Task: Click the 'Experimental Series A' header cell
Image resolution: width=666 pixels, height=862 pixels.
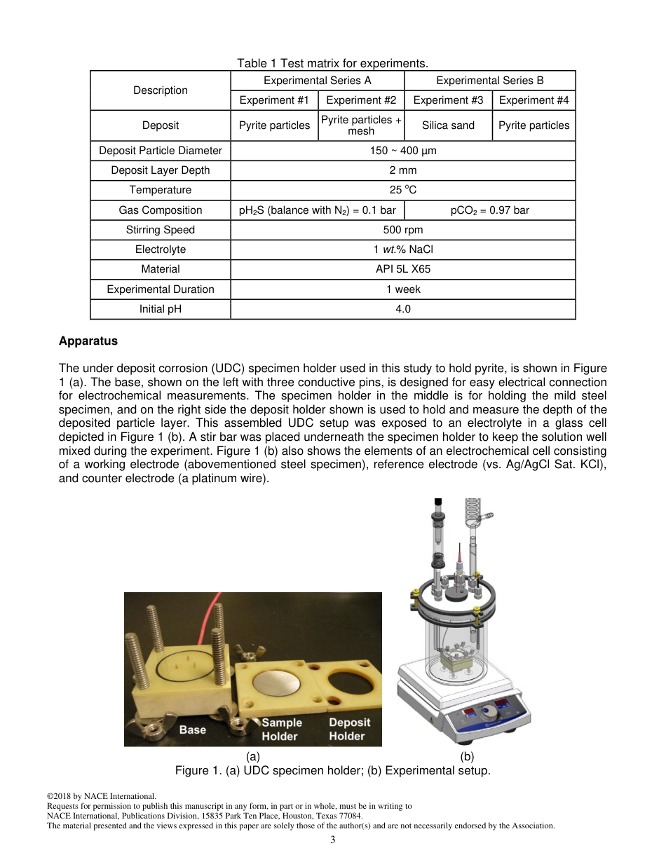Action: point(318,81)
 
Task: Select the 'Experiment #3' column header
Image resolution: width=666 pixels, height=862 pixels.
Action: point(448,100)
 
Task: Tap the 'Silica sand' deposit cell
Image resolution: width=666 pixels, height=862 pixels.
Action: point(448,125)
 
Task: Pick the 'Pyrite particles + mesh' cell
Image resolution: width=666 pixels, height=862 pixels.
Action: point(361,125)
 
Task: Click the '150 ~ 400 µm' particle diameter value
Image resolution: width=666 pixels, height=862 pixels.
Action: point(403,151)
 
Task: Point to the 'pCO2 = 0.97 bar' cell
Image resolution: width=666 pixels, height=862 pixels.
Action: point(489,210)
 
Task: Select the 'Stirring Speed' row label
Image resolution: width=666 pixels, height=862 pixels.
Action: point(161,230)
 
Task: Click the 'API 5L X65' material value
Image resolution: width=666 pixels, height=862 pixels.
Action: point(403,269)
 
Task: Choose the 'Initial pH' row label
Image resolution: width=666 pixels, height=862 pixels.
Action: point(161,309)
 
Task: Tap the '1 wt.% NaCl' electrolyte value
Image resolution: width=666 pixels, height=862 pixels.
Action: point(403,249)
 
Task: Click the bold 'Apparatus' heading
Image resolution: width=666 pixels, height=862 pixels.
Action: point(88,341)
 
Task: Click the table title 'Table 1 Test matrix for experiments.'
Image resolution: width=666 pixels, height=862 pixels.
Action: point(332,64)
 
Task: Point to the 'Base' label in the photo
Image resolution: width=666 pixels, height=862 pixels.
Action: point(193,730)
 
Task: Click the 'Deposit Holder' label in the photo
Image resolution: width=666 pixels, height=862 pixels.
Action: point(349,729)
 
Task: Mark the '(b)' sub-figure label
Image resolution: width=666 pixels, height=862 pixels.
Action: point(467,757)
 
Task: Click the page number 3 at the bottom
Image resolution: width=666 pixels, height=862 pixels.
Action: point(333,840)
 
